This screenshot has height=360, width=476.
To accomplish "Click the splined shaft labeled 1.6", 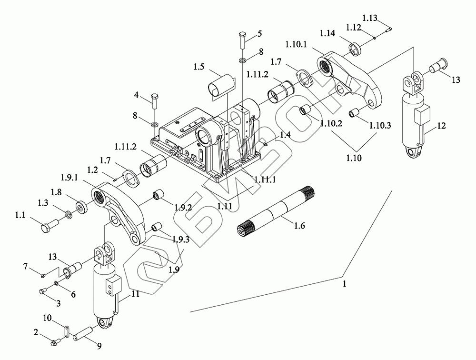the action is [275, 211].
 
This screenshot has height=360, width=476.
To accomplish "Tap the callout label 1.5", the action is [199, 67].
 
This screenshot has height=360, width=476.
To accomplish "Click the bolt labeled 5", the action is [242, 40].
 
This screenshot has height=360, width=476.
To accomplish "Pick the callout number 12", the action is [441, 125].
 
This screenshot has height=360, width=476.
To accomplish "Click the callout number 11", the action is [135, 294].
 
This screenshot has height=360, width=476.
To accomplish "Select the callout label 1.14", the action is [328, 33].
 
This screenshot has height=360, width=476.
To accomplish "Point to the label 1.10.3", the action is [380, 125].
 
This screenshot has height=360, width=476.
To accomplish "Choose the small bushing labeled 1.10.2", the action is [305, 110].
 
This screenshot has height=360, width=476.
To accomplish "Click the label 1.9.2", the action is [183, 207].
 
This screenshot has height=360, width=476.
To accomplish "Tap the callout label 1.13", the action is [370, 18].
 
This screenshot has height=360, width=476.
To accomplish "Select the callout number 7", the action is [26, 267].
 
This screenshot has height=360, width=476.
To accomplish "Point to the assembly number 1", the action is [344, 284].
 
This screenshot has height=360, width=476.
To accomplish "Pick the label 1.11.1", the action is [265, 179].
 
